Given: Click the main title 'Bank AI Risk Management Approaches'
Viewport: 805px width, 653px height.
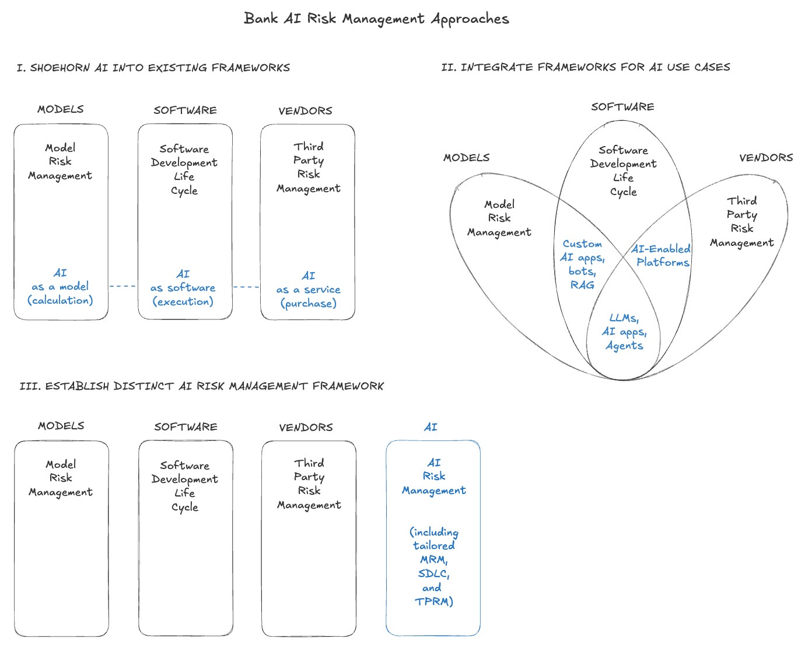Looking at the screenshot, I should pos(376,19).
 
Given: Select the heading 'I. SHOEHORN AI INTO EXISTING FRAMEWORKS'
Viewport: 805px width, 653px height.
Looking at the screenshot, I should pos(153,68).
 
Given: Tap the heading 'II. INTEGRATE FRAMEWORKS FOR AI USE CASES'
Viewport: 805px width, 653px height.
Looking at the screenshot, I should pos(586,67).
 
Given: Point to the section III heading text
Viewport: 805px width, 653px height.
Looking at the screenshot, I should pos(202,386).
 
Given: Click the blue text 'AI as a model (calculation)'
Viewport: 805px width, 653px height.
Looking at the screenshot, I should pos(60,287).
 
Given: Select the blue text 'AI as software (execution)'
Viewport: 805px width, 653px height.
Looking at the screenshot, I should pos(183,288).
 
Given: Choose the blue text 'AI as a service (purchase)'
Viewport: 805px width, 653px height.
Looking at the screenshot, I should pos(308,290).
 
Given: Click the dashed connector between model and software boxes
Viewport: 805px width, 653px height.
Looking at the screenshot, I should pos(123,286).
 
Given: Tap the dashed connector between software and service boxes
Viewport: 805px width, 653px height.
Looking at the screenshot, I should pos(246,287).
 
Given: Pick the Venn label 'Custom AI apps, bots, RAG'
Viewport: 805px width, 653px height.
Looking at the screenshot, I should pos(582,264).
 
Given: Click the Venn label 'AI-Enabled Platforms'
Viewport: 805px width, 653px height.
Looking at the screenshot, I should pos(661,256).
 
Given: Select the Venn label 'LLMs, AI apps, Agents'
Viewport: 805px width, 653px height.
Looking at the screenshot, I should pos(624,332).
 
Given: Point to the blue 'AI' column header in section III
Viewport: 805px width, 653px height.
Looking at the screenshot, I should pos(430,428).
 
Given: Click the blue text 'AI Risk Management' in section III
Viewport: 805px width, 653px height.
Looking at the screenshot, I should pos(433,477).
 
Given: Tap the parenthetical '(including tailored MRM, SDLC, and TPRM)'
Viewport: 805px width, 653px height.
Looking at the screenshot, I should pos(433,567).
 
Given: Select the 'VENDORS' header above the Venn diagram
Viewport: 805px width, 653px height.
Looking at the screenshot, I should pos(766,158).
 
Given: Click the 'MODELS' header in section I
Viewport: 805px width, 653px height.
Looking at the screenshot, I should pos(61,109).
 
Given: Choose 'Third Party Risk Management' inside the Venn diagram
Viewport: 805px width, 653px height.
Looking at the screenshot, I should pos(742,222).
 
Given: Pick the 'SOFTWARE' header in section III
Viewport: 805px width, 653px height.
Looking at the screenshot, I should pos(185,427).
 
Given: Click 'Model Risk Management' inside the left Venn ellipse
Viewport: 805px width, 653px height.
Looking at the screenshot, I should pos(499,218).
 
